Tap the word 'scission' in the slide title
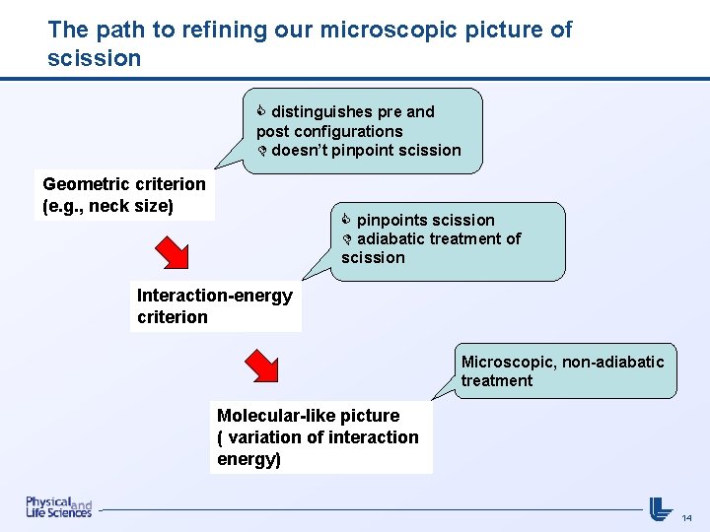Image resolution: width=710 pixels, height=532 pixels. [94, 58]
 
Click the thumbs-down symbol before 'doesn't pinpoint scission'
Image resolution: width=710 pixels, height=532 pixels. [262, 150]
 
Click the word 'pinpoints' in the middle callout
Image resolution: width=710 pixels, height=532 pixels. [391, 220]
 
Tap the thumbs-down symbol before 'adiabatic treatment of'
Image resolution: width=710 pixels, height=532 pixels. [347, 238]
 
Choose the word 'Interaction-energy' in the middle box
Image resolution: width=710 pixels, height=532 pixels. [215, 296]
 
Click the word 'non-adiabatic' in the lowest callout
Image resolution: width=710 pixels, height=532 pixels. [613, 362]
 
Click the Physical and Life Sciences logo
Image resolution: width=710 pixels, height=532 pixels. [58, 506]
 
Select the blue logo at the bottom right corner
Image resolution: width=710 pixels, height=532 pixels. [660, 507]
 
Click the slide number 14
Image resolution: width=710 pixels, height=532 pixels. [687, 517]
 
